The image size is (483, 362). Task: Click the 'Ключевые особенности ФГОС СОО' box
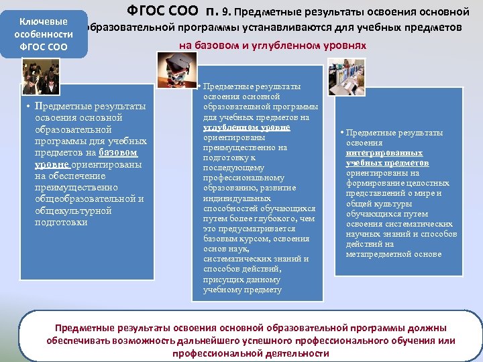pos(44,34)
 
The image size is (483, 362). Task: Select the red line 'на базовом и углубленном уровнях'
pos(272,45)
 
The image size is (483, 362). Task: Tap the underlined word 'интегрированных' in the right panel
pos(384,152)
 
